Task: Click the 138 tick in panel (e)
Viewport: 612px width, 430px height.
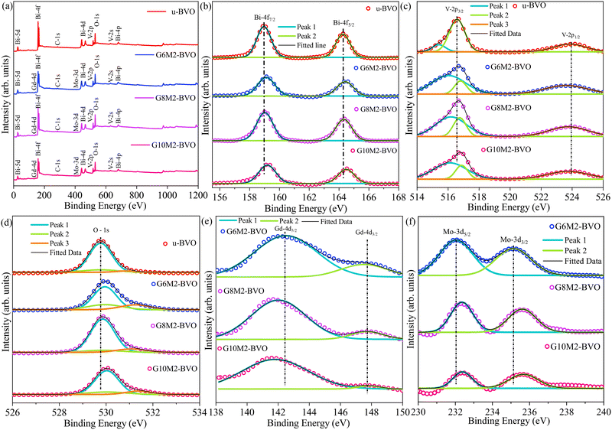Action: (217, 410)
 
